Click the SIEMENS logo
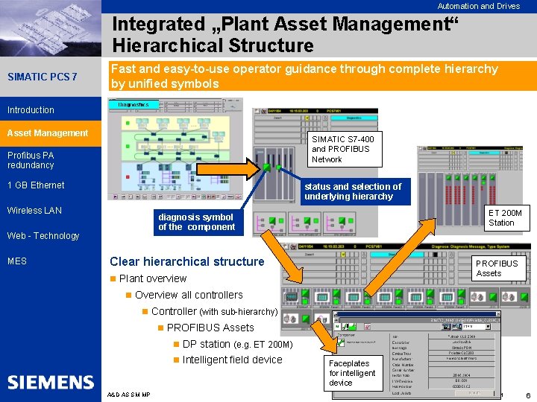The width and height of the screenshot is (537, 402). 51,383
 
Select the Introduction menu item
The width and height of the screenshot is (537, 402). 31,110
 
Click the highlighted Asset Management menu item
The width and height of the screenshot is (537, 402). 48,133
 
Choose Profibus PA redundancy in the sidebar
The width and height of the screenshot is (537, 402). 31,160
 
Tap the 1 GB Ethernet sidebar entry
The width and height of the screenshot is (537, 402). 36,185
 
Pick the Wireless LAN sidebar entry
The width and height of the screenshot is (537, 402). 34,211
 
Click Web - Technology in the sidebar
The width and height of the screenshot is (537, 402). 43,236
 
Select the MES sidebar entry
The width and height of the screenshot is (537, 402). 17,261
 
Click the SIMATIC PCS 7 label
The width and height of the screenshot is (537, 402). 42,77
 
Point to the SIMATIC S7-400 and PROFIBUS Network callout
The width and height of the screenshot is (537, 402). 342,149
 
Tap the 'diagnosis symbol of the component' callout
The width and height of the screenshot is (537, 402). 197,222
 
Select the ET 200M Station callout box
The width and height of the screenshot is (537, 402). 505,218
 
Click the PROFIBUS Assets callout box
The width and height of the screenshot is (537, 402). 497,268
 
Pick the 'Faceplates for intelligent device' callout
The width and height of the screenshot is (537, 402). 352,373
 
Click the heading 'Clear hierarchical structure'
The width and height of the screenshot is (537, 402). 187,261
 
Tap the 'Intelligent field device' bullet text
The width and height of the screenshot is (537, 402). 232,360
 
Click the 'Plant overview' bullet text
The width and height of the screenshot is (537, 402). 153,278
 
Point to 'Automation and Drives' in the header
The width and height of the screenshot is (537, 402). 478,6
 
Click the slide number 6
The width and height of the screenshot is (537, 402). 527,395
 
